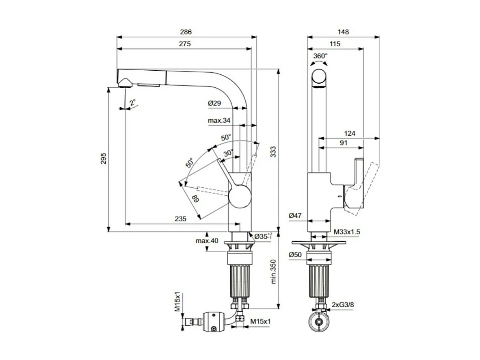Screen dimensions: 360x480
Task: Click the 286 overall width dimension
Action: click(186, 32)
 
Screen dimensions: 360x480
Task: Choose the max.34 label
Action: click(219, 120)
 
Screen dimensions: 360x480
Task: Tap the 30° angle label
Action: click(229, 153)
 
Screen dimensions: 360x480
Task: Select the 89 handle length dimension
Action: click(195, 200)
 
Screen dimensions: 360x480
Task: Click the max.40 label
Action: click(207, 241)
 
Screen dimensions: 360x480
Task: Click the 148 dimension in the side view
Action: click(343, 32)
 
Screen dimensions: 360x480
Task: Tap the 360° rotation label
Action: click(320, 56)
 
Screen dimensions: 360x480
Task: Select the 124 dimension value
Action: click(349, 133)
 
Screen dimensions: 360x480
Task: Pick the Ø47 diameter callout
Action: click(295, 216)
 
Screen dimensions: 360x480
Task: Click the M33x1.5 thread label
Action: click(347, 232)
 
